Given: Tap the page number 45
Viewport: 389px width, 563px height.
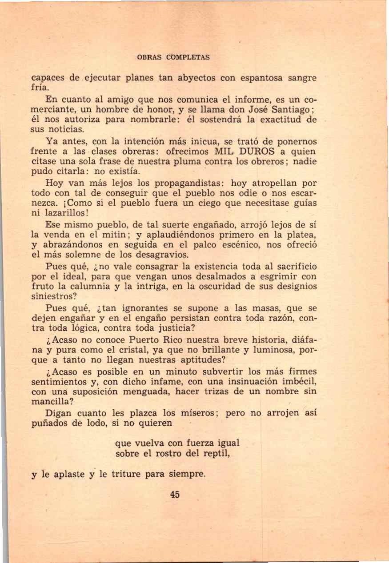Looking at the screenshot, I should tap(175, 494).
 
